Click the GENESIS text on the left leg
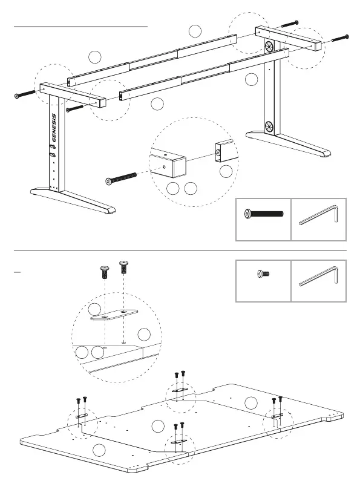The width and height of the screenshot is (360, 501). click(54, 128)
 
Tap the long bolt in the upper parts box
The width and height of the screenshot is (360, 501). click(264, 214)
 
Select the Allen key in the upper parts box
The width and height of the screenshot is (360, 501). click(318, 215)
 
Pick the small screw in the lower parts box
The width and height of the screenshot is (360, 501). click(264, 274)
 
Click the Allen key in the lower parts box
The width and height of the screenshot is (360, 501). click(318, 276)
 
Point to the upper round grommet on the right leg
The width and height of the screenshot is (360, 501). click(269, 47)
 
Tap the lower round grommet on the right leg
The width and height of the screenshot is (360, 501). click(269, 126)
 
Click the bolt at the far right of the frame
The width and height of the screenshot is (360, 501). click(341, 38)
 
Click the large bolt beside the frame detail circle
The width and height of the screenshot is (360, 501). click(121, 178)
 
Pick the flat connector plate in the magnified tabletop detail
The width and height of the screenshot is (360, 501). click(114, 315)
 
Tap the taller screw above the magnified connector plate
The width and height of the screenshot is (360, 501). click(123, 267)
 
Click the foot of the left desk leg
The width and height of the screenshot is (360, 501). click(73, 200)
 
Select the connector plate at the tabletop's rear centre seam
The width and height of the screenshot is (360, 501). click(180, 390)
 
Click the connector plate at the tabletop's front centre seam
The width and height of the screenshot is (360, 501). click(179, 441)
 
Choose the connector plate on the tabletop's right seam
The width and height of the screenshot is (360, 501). click(277, 415)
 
